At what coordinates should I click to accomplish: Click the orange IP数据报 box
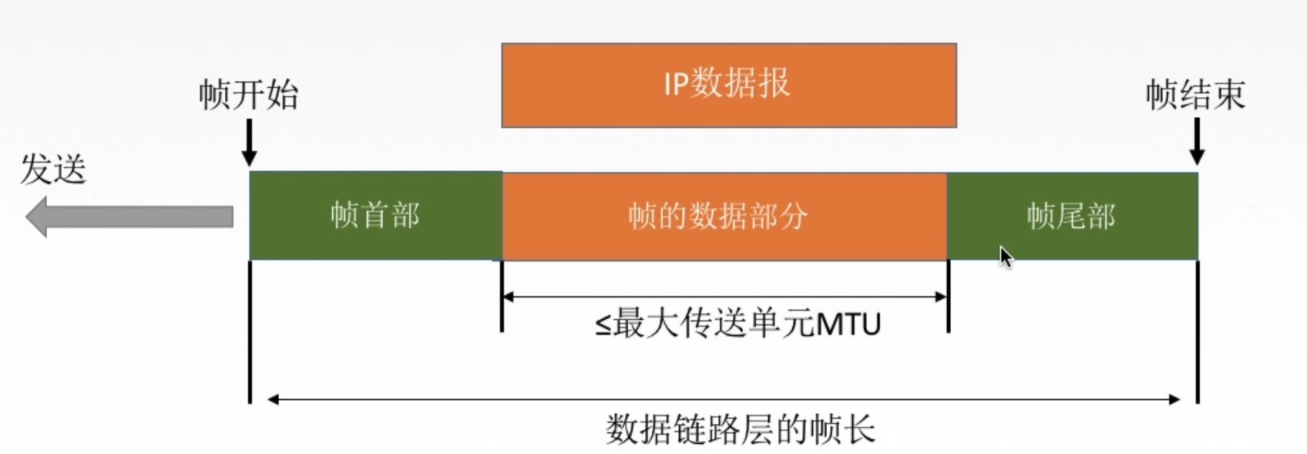728,85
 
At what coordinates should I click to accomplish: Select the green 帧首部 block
375,215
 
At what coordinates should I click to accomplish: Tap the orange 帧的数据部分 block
724,216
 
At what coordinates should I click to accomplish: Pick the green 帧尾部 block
1071,216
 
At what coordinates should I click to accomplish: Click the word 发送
52,169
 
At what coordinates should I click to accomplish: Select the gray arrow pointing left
129,217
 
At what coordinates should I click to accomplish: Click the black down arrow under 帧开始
249,144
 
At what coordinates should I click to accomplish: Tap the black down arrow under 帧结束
1197,143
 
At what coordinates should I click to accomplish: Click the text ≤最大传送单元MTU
737,324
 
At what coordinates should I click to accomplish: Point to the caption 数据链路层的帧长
740,429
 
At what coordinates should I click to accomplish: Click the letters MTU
848,325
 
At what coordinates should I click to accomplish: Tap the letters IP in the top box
675,84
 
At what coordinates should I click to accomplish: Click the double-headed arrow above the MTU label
724,296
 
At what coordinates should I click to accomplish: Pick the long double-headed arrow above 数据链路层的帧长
724,399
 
